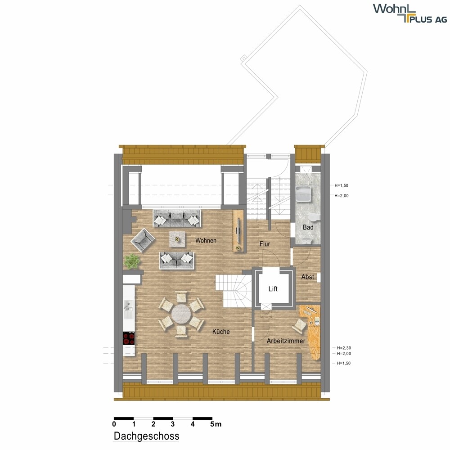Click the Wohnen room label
point(206,240)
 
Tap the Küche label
point(221,332)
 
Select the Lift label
point(273,289)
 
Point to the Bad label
point(308,227)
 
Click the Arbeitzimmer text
point(286,341)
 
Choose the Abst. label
point(308,277)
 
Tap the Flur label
point(265,244)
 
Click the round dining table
point(181,314)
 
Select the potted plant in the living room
point(132,261)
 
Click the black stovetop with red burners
point(129,338)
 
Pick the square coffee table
point(177,239)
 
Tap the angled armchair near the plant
point(143,240)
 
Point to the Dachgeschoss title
point(146,436)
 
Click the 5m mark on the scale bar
point(216,424)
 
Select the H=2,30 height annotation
point(344,348)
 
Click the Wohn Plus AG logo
point(410,13)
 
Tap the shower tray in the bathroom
point(303,194)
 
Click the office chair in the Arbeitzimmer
point(299,326)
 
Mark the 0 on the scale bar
point(114,424)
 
